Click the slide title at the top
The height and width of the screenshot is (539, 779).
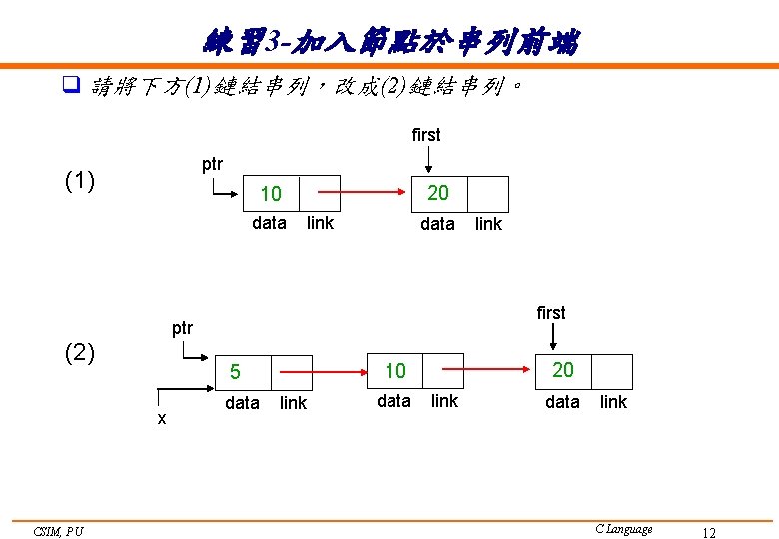[389, 41]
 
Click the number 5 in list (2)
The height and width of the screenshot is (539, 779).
[235, 372]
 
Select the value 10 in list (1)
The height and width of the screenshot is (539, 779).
[271, 193]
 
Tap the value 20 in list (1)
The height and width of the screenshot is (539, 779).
[438, 192]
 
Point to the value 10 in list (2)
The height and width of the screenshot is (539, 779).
[395, 371]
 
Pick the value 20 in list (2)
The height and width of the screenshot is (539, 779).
[563, 370]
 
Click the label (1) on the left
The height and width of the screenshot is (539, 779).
[80, 181]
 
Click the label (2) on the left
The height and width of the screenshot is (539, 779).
[80, 352]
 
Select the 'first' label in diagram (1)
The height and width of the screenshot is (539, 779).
[426, 135]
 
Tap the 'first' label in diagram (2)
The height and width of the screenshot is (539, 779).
[551, 313]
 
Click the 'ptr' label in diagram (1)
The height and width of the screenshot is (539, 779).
[213, 164]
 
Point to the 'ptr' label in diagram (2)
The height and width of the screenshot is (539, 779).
[182, 328]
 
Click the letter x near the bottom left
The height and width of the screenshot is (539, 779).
[162, 419]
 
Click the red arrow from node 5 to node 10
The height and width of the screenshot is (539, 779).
[331, 371]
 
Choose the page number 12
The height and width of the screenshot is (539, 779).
[708, 533]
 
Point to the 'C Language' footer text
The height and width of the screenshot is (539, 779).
[623, 529]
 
